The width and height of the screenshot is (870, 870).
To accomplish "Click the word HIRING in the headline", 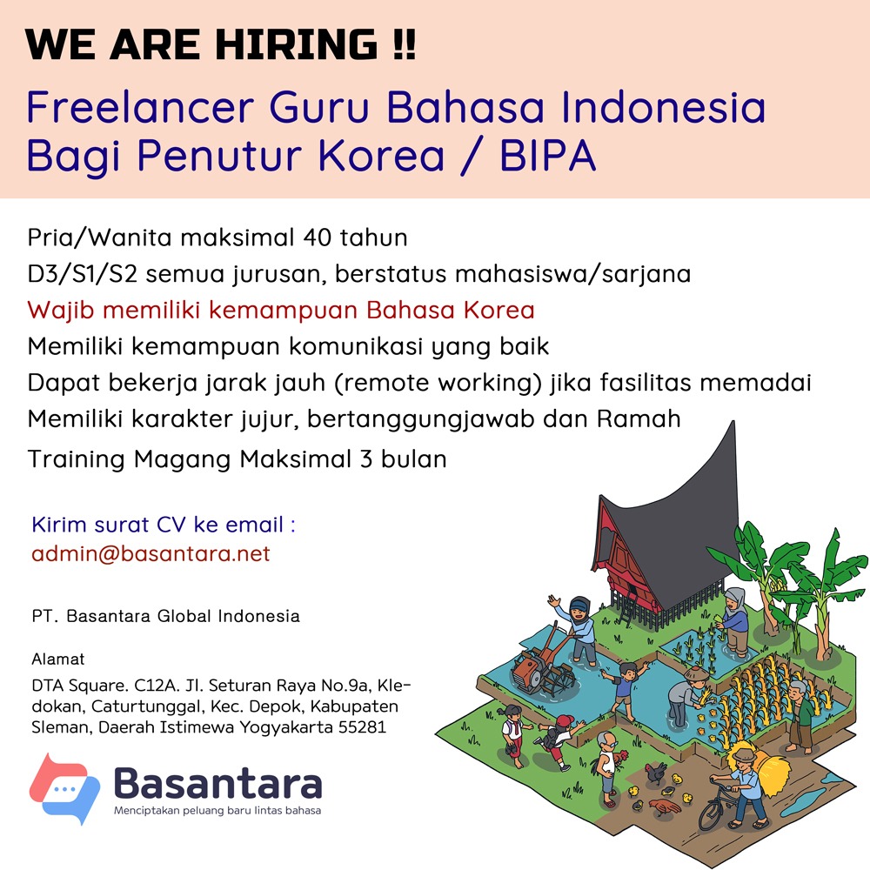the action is point(297,43).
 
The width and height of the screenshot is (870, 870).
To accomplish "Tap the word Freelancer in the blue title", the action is point(140,107).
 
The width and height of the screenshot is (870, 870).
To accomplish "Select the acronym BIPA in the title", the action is point(547,156).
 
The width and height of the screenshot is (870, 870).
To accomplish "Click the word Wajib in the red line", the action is point(61,311).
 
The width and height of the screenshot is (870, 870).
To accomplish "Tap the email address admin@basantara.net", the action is point(151,553).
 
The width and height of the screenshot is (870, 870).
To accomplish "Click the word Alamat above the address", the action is point(58,659).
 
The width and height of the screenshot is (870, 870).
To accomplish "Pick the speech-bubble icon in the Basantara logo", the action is point(64,788).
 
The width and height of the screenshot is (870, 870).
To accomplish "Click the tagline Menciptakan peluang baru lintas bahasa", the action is point(217,811).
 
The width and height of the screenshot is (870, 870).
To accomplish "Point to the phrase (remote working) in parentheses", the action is point(438,383).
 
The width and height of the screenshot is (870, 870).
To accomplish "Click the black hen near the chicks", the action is point(655,772).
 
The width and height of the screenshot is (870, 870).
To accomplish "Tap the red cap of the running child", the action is point(565,720).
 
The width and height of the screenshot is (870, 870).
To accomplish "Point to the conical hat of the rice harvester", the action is point(696,674).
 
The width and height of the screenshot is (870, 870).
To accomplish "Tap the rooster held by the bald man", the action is point(621,758).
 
